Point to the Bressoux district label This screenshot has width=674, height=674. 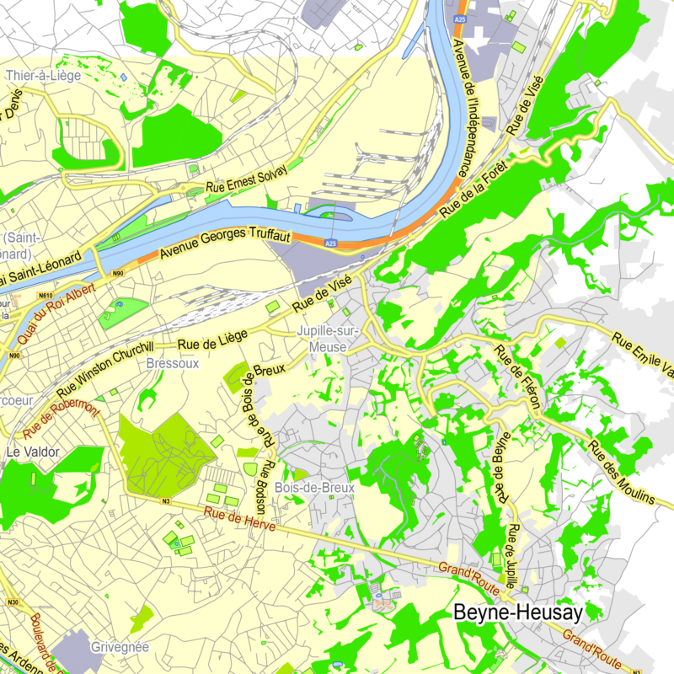click(x=173, y=364)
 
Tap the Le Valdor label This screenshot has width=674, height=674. click(x=33, y=452)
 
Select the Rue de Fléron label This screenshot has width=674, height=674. click(x=516, y=377)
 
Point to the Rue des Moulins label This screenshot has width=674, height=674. click(x=622, y=472)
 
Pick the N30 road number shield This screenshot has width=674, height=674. click(x=12, y=602)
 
